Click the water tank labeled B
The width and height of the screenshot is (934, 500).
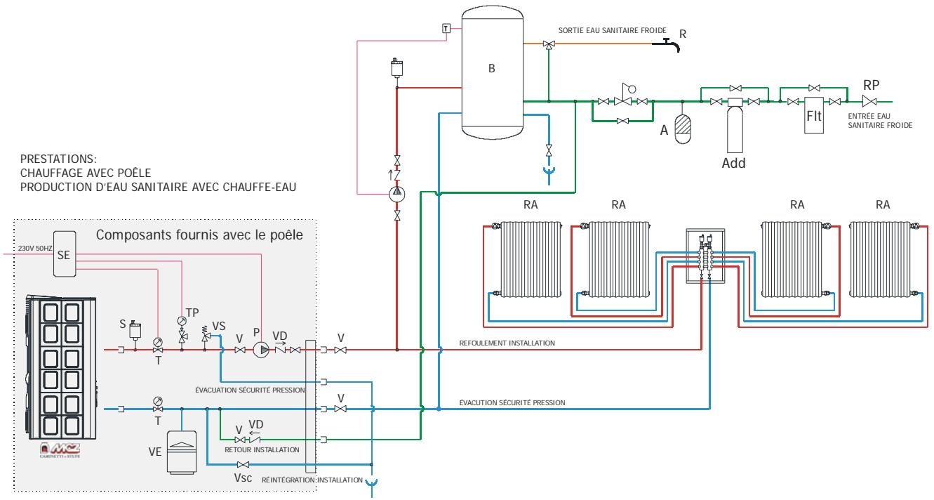(x=491, y=70)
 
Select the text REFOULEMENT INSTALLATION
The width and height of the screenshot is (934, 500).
(x=497, y=343)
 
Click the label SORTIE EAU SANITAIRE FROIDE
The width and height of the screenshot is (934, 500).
(x=612, y=31)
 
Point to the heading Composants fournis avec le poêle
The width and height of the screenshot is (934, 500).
(x=199, y=235)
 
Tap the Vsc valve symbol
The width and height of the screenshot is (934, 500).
(x=242, y=465)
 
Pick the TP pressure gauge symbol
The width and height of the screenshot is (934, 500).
(x=183, y=322)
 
